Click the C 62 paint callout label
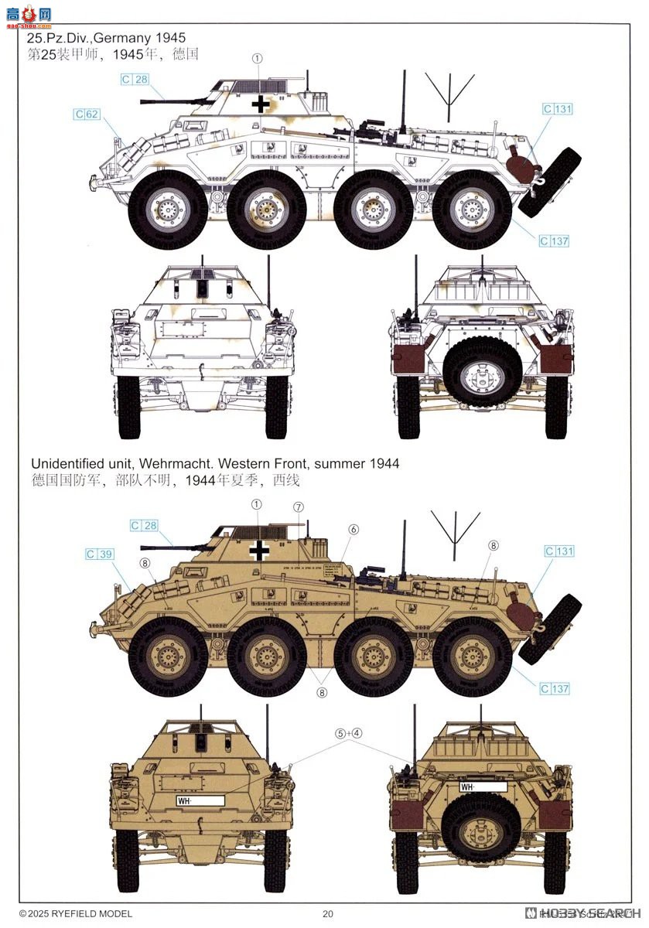87,114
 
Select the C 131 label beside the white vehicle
558,109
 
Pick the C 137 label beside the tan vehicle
555,689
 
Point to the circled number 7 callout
299,507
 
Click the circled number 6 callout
354,530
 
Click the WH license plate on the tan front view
200,801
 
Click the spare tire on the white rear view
480,372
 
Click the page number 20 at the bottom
327,913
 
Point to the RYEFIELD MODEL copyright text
76,913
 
